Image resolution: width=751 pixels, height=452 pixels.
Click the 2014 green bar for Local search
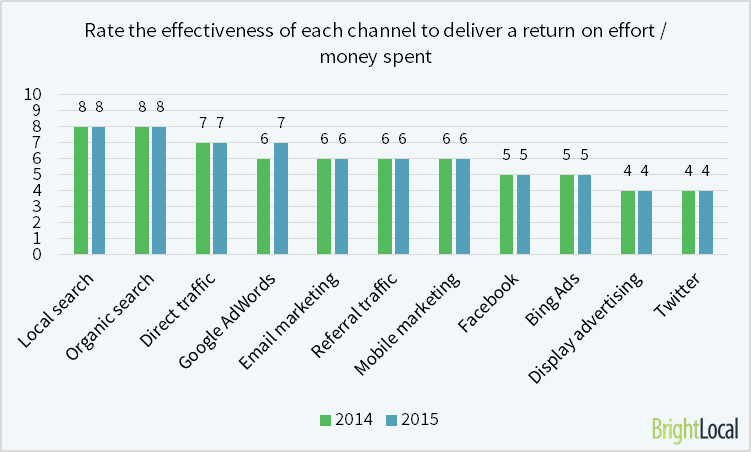81,190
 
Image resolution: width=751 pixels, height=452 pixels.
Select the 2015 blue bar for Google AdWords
281,198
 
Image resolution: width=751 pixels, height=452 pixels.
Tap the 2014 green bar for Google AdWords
264,206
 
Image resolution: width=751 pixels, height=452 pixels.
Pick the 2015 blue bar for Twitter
705,222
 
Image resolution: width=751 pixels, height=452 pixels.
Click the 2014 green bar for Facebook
507,214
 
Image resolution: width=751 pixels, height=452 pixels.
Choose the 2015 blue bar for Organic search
159,190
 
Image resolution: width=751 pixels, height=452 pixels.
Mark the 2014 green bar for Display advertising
628,222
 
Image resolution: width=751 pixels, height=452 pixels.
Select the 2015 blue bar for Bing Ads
585,214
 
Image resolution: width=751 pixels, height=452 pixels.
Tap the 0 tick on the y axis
36,254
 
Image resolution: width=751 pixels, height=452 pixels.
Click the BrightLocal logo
694,429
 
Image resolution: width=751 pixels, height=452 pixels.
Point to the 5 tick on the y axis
36,175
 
